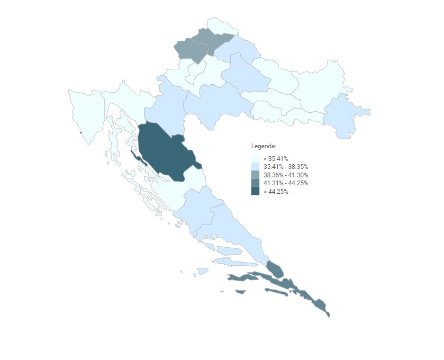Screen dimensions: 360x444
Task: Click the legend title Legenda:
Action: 264,146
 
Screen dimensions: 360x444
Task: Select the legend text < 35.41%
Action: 276,158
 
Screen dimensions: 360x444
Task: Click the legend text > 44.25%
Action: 276,192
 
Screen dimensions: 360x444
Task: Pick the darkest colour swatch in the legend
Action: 255,192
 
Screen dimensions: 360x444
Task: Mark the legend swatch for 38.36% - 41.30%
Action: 255,175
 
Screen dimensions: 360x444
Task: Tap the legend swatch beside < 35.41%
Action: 255,158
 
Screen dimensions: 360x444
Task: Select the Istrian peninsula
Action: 87,114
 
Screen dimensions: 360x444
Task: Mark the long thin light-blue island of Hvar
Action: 235,263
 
